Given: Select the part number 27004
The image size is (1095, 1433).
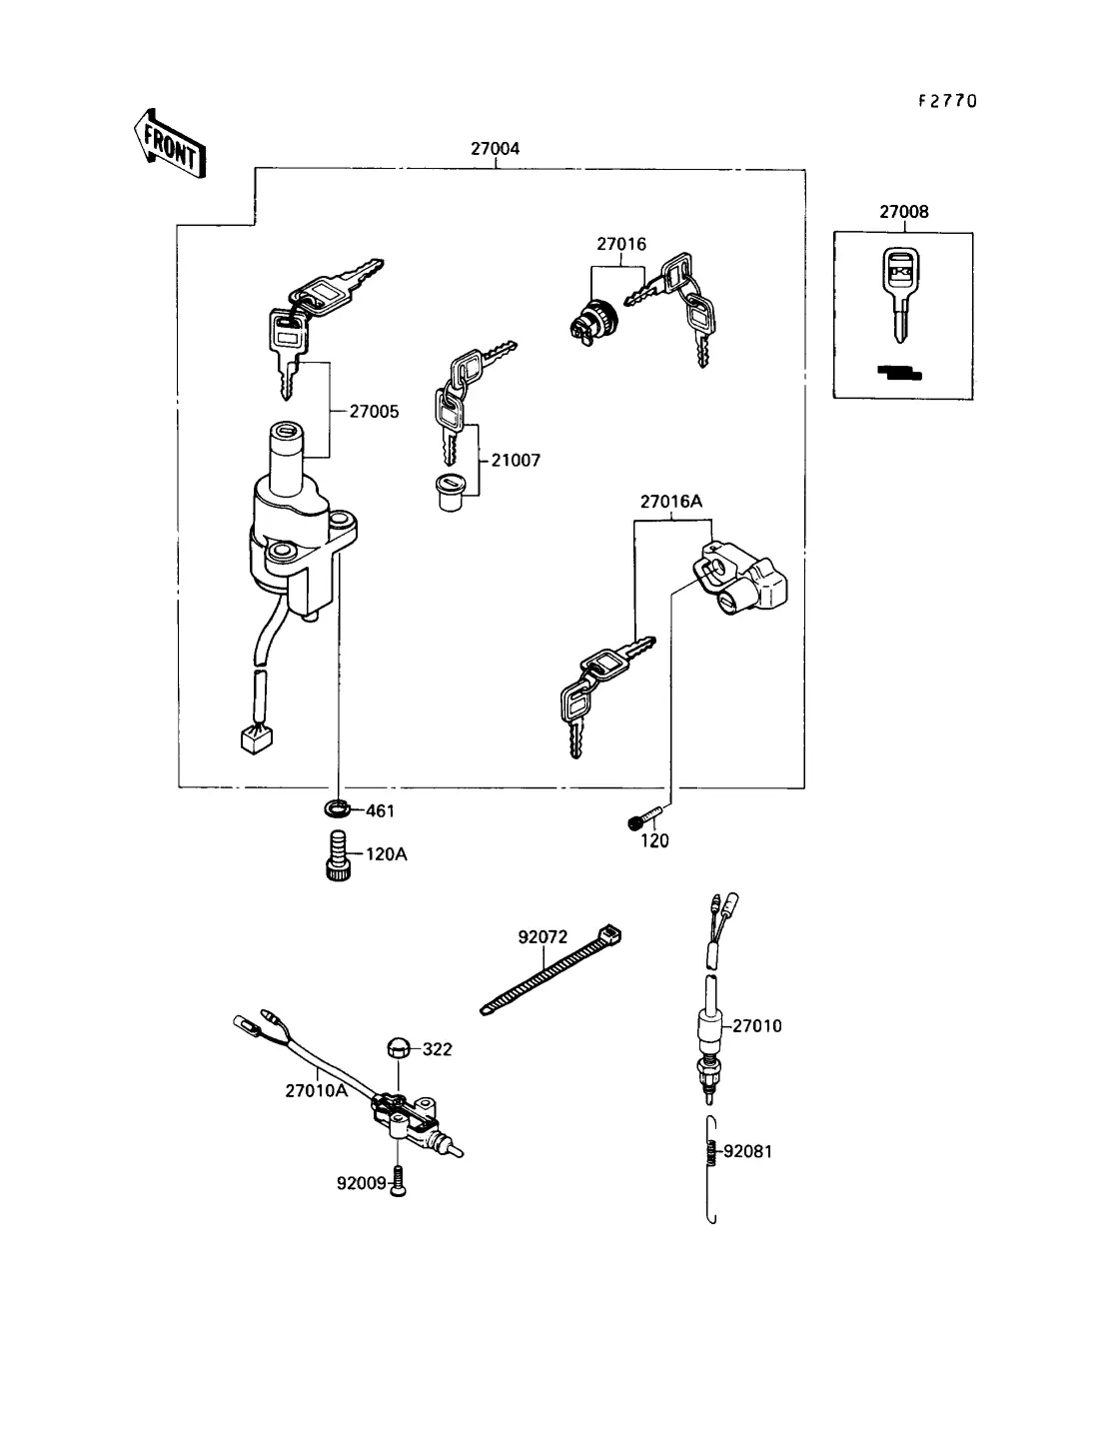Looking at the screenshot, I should (x=496, y=150).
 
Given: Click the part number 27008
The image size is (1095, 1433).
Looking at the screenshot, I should (x=903, y=212).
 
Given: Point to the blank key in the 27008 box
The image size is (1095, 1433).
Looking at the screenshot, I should (x=899, y=289).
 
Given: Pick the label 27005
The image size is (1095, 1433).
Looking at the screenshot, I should (x=375, y=411).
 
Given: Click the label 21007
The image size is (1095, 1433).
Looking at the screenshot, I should (x=516, y=461).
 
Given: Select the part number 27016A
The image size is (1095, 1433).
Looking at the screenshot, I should (x=671, y=502).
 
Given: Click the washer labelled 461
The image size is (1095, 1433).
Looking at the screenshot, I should (x=338, y=807).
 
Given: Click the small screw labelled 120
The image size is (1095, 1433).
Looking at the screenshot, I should (x=636, y=822).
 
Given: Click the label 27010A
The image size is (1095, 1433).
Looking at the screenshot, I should (x=316, y=1091).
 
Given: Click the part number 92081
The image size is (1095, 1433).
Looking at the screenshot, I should (x=748, y=1151).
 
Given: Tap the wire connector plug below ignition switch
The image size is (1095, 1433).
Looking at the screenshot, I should (x=257, y=739).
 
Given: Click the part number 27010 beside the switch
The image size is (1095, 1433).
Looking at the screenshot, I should (x=757, y=1026).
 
